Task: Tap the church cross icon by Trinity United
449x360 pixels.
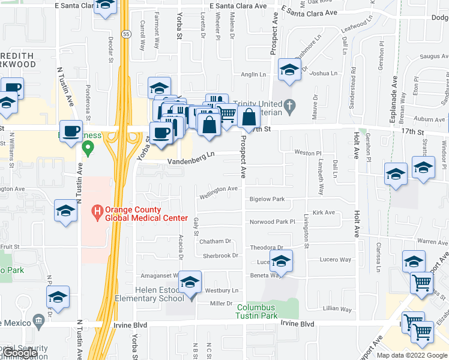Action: click(x=289, y=107)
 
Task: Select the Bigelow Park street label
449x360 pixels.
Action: click(x=267, y=199)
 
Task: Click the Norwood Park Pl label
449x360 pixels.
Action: click(x=273, y=222)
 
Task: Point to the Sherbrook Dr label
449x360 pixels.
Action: click(x=220, y=256)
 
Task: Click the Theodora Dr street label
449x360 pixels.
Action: click(x=266, y=247)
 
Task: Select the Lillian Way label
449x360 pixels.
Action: click(x=337, y=308)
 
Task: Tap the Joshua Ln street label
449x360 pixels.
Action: click(x=324, y=73)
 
